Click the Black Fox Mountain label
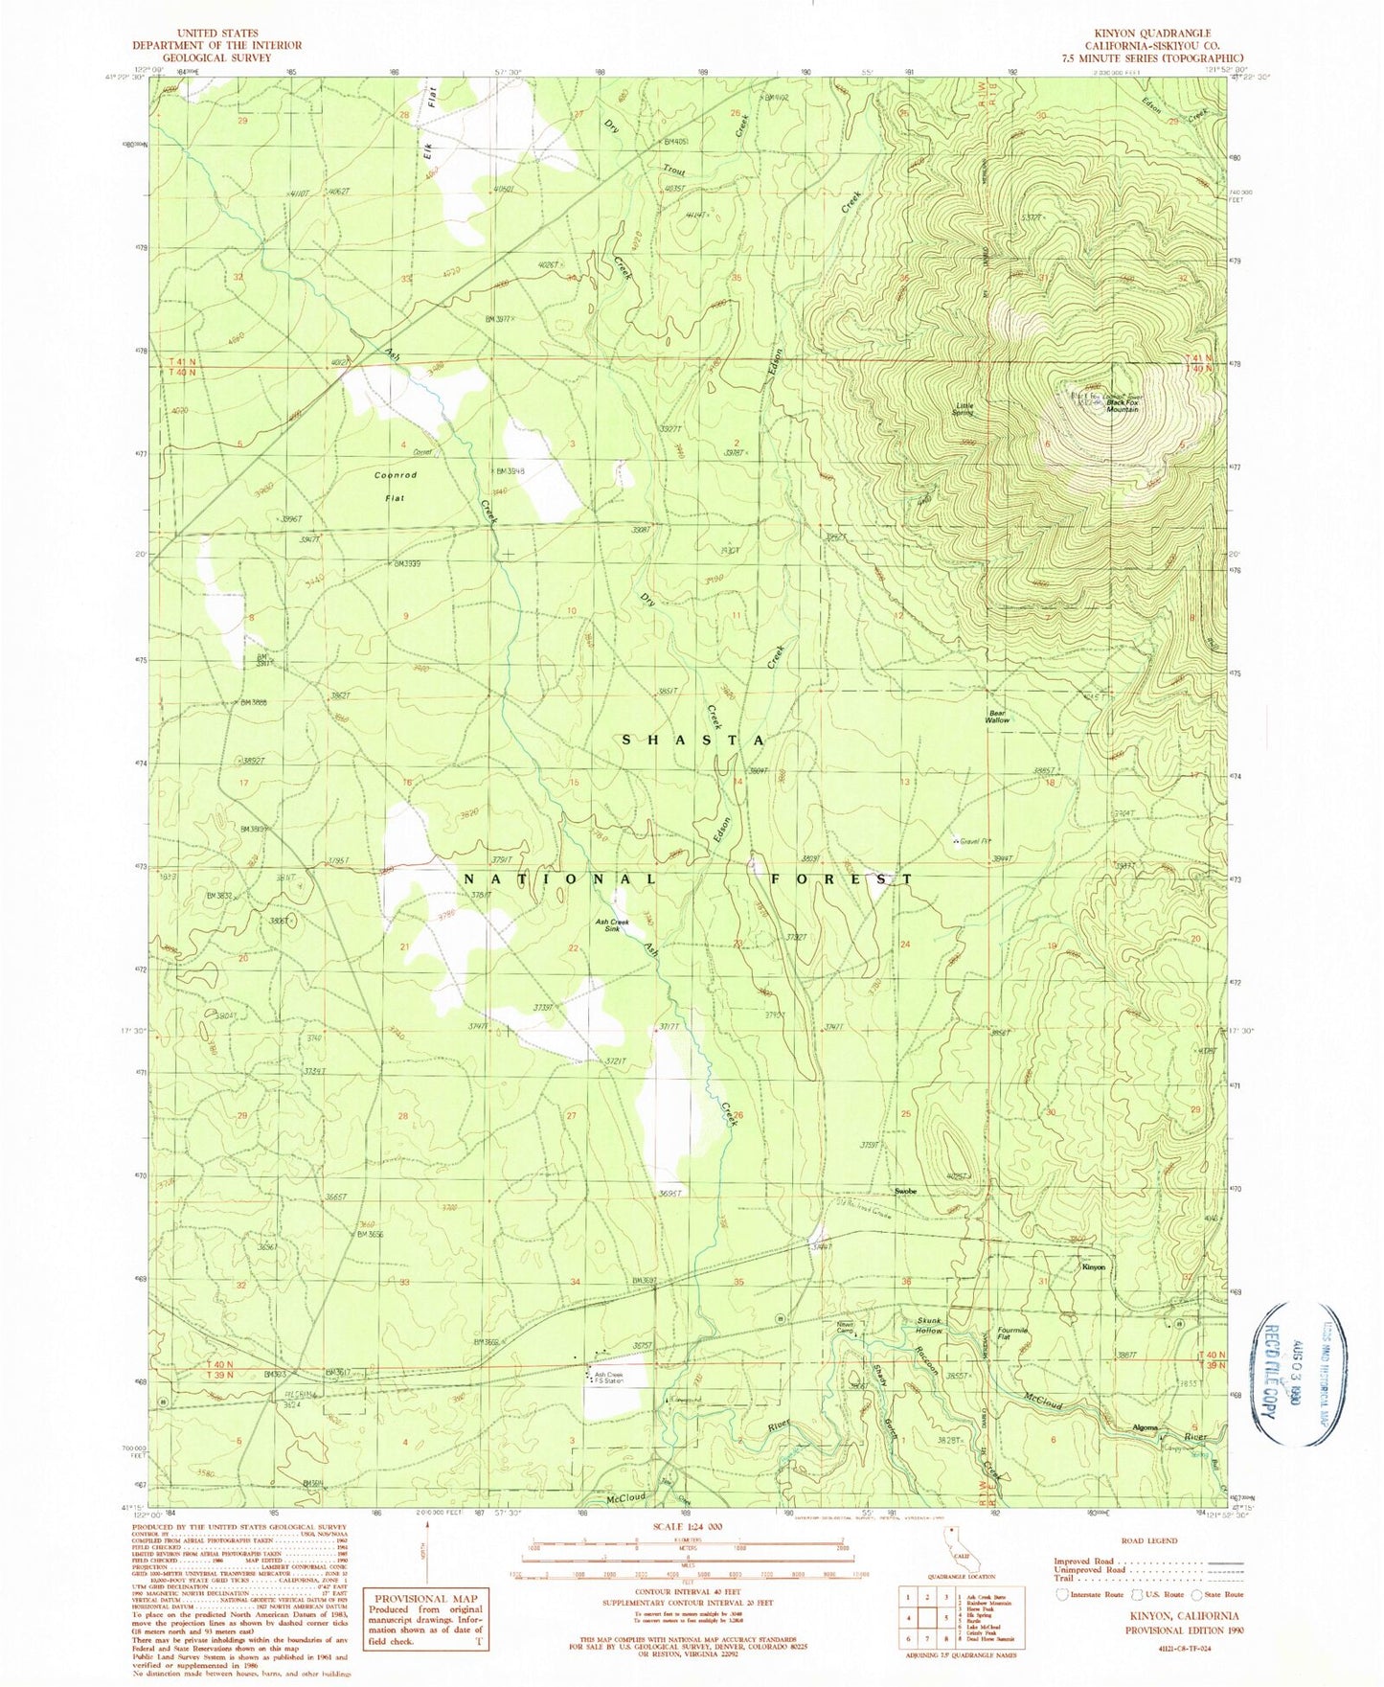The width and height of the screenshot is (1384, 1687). (x=1122, y=405)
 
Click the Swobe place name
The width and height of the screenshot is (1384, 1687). (x=905, y=1191)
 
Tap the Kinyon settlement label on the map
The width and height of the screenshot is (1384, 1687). (x=1093, y=1267)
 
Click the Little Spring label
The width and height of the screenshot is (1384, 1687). (x=964, y=409)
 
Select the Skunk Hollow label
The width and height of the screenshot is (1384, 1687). (x=928, y=1326)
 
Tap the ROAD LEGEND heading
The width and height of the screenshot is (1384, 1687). (x=1149, y=1541)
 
